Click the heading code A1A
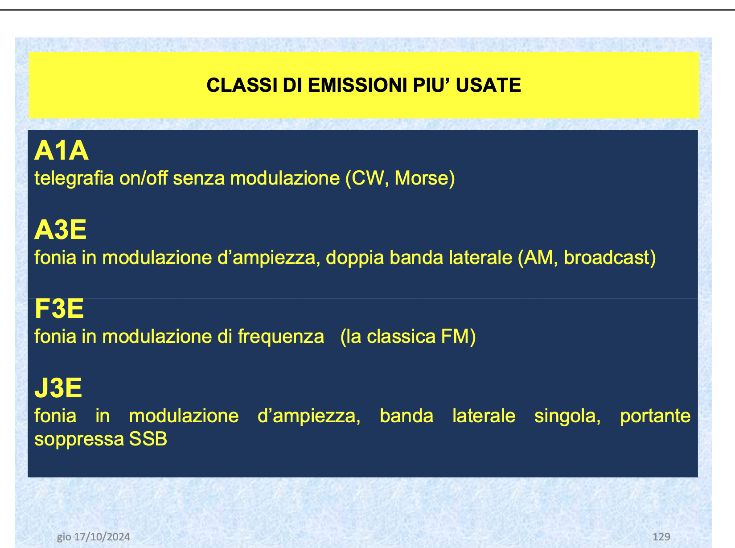click(x=62, y=151)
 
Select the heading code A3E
click(x=61, y=230)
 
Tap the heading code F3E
click(x=59, y=309)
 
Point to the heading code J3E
click(x=58, y=388)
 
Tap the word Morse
click(x=421, y=178)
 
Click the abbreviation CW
click(x=367, y=178)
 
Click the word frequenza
click(x=281, y=337)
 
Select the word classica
click(x=401, y=337)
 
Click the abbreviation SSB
click(x=148, y=439)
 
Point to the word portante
click(x=655, y=416)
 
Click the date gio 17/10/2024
click(x=94, y=536)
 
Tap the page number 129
click(x=661, y=536)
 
